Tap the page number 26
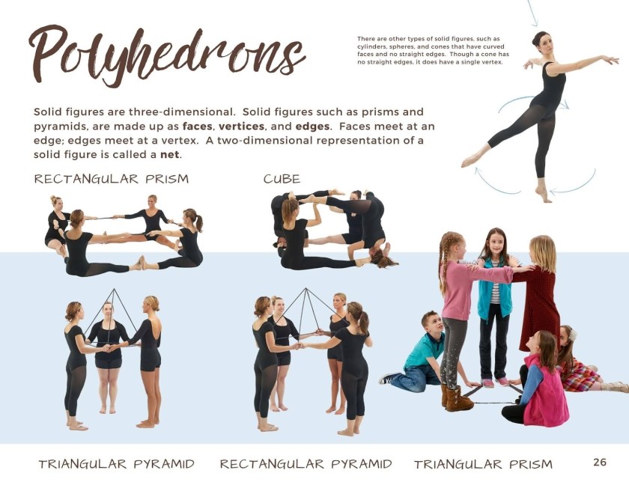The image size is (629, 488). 600,462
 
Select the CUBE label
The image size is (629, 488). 282,179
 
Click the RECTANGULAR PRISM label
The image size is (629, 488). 112,179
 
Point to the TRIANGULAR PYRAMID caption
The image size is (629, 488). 116,464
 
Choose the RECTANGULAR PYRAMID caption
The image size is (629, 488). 306,464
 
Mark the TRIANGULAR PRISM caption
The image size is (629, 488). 483,464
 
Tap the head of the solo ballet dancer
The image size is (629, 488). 541,39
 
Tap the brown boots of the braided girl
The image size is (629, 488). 458,399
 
